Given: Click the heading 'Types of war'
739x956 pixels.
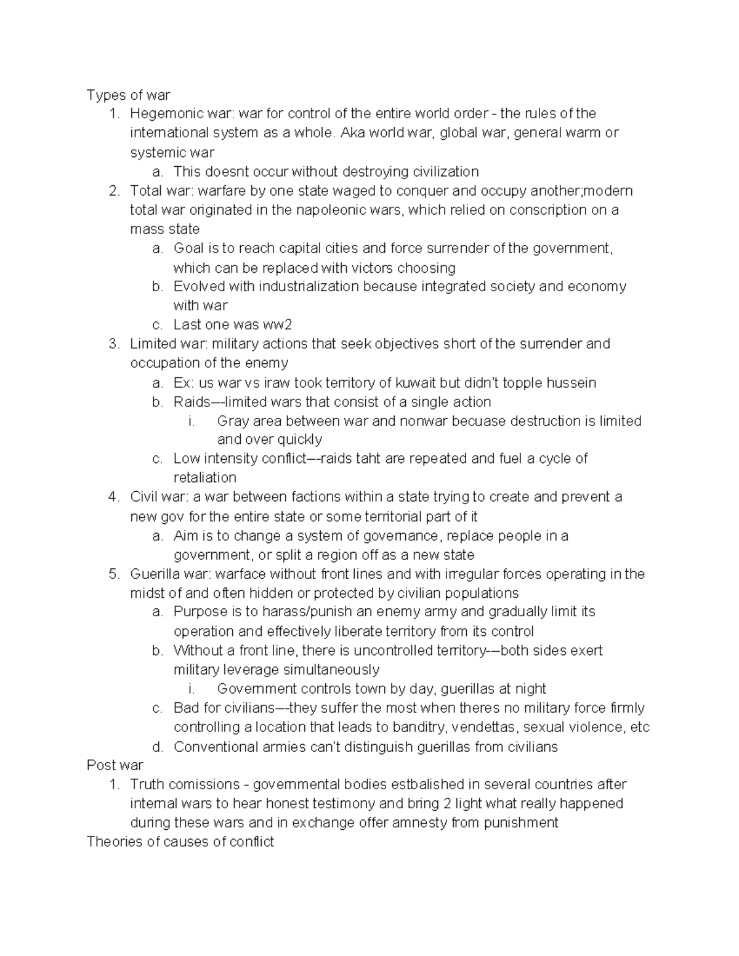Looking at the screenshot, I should point(128,95).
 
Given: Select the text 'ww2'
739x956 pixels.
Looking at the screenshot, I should point(275,325).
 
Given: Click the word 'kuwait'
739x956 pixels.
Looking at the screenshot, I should point(416,383).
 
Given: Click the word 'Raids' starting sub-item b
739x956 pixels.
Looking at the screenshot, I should point(192,402).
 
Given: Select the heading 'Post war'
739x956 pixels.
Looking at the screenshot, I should point(115,765).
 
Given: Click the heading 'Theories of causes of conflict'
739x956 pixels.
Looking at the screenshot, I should point(180,842).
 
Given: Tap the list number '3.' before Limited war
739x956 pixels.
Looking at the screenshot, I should point(113,343).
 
